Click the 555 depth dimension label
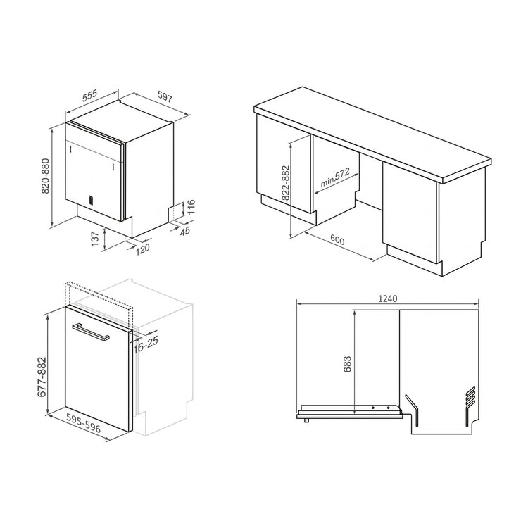tap(89, 96)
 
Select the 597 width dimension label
tap(165, 96)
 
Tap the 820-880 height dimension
tap(46, 176)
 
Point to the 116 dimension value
tap(191, 208)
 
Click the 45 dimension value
tap(185, 231)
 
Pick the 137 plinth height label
tap(96, 239)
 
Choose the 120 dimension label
tap(142, 249)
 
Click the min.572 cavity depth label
tap(334, 177)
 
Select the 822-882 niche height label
tap(285, 183)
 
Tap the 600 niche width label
tap(337, 240)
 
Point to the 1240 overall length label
tap(388, 298)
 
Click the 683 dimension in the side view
tap(347, 364)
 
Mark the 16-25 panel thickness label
tap(146, 344)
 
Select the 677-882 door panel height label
tap(42, 377)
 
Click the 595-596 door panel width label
tap(83, 423)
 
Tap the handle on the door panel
tap(90, 332)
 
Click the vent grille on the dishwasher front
tap(90, 200)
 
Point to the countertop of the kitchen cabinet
tap(372, 134)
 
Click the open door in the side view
tap(349, 412)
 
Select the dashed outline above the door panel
tap(100, 295)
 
